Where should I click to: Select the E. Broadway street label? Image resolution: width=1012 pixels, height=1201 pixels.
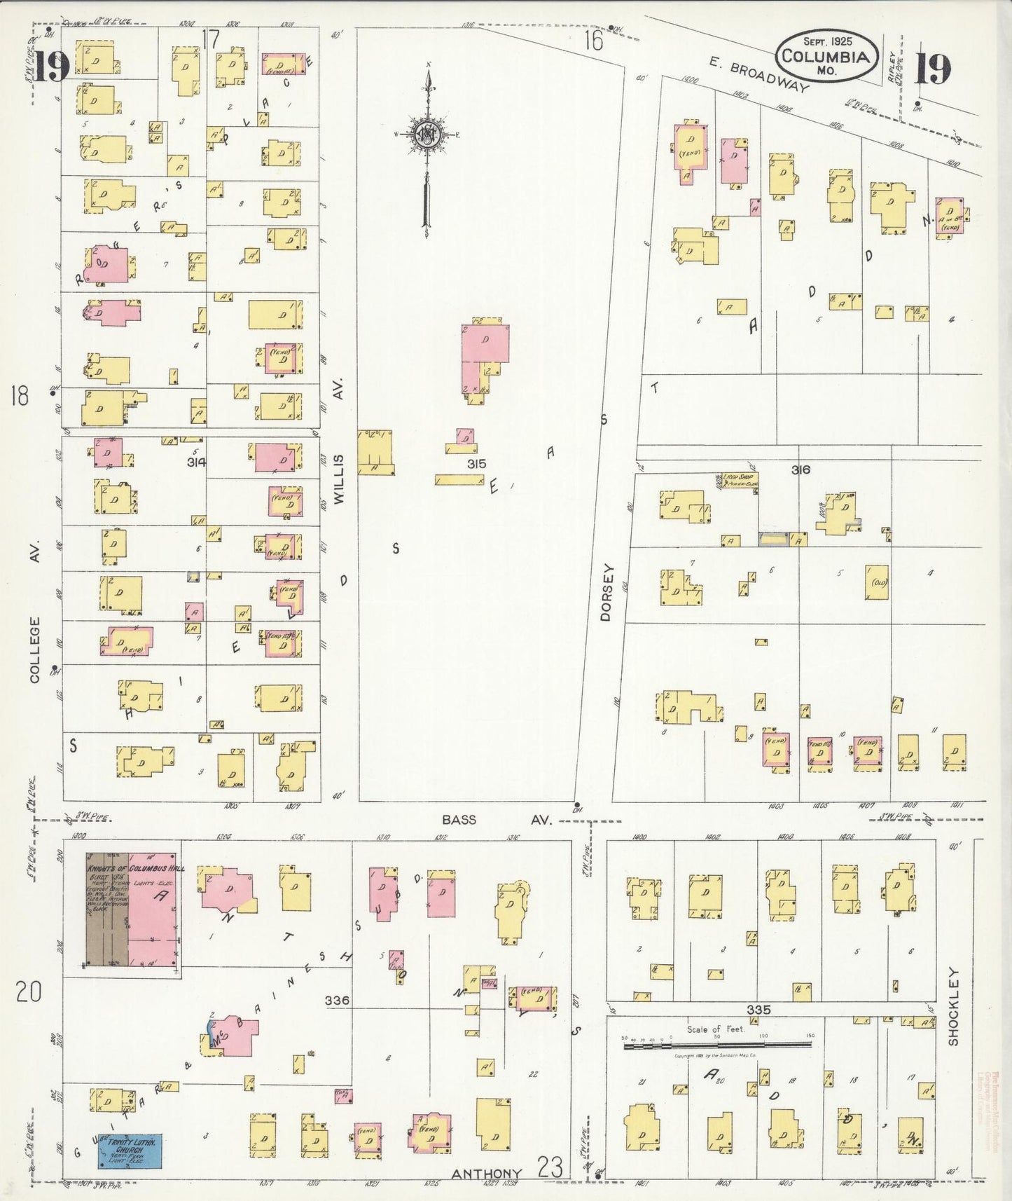[x=758, y=74]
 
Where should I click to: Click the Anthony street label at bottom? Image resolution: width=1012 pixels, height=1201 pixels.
[x=486, y=1174]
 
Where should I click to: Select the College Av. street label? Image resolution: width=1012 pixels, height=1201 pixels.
[x=35, y=648]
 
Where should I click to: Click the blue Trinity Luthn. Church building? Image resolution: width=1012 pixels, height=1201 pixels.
[x=130, y=1151]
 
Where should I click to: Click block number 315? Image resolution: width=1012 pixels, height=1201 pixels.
[x=476, y=464]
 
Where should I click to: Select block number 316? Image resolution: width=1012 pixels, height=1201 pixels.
[x=800, y=469]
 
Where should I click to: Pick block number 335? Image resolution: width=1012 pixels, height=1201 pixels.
[x=758, y=1010]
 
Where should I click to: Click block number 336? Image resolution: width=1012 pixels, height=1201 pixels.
[x=337, y=1001]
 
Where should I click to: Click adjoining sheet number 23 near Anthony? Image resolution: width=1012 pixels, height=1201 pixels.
[x=550, y=1167]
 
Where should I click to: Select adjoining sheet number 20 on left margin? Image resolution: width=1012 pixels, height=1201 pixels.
[x=28, y=992]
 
